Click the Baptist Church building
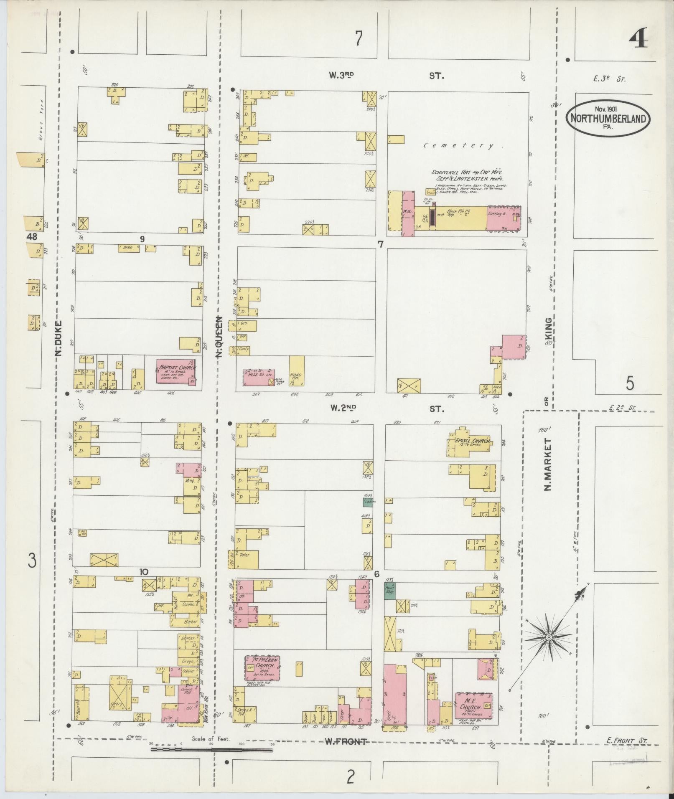tap(175, 371)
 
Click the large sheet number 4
tap(638, 41)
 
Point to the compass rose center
tap(549, 649)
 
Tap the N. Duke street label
tap(58, 338)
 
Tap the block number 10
tap(144, 572)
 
